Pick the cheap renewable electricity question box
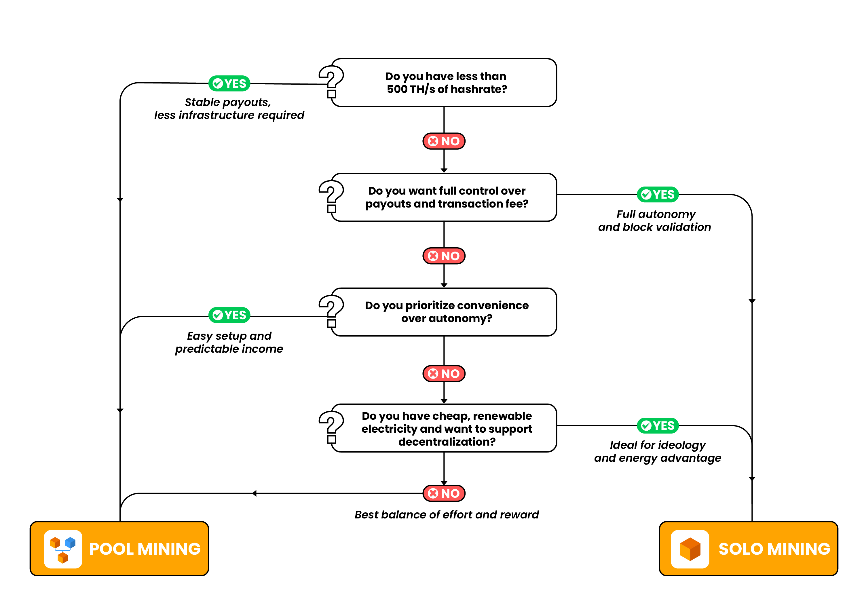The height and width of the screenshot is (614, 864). click(x=446, y=428)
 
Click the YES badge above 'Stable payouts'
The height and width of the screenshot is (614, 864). click(x=229, y=83)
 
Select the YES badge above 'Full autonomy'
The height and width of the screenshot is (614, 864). click(x=658, y=194)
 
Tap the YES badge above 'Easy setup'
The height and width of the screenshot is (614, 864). click(x=229, y=315)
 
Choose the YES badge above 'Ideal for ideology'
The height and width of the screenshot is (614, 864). click(x=658, y=425)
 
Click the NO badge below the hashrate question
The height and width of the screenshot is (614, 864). click(x=444, y=141)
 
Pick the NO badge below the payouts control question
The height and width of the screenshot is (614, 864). click(x=444, y=256)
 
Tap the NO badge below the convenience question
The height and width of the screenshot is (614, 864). click(x=444, y=374)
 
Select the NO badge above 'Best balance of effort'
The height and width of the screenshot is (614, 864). click(x=444, y=493)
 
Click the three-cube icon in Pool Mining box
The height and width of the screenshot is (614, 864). click(x=63, y=549)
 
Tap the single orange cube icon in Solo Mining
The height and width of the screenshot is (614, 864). click(x=690, y=549)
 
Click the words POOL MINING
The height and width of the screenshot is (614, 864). click(x=145, y=549)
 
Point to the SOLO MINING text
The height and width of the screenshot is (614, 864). click(x=774, y=549)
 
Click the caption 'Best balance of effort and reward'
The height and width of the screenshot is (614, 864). click(x=446, y=515)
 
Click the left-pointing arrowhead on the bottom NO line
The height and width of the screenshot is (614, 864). click(x=255, y=493)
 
